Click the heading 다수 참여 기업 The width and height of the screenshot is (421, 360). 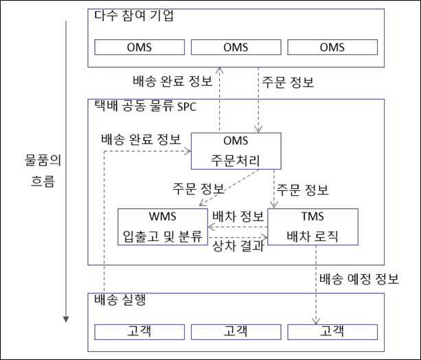coord(134,16)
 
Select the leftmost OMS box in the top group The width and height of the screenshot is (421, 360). coord(139,47)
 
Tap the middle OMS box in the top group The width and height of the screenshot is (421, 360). coord(236,47)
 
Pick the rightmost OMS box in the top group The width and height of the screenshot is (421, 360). coord(332,47)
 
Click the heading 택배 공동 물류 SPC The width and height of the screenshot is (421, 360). coord(146,106)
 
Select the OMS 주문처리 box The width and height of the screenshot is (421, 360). coord(236,151)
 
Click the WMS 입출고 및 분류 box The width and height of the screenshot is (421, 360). coord(163,227)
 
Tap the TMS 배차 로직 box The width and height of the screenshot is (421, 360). coord(312,227)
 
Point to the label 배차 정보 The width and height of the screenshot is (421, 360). coord(238,216)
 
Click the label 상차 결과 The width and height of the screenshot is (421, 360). coord(238,246)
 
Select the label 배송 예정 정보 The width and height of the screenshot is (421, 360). coord(359,279)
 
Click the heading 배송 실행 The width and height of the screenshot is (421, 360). coord(120,300)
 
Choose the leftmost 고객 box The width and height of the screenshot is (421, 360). coord(139,332)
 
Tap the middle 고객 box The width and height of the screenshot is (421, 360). coord(236,332)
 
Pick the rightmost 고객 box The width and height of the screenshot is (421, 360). coord(332,332)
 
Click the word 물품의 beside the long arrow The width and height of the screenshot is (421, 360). coord(43,160)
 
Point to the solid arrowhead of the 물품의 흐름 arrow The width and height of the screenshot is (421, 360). coord(66,319)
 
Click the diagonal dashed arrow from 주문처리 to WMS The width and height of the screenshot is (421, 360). coord(229,188)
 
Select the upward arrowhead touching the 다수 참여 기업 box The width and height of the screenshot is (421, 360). coord(220,70)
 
